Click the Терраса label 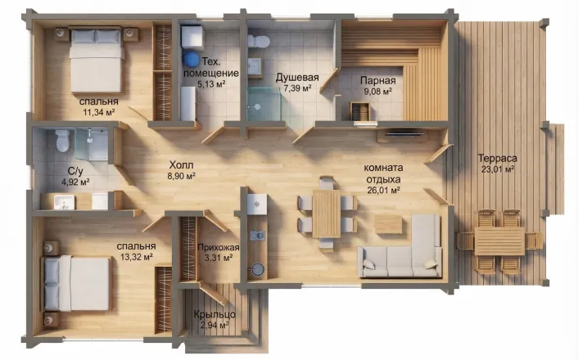(x=497, y=159)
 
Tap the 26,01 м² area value (x=384, y=190)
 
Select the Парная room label (x=378, y=80)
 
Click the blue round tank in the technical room (x=191, y=58)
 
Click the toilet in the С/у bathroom (x=63, y=141)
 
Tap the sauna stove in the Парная (x=359, y=110)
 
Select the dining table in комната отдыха (x=326, y=214)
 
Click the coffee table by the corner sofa (x=389, y=224)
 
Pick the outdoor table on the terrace (x=499, y=241)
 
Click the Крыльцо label (x=214, y=315)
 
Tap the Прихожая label (x=219, y=248)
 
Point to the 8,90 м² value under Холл (x=182, y=176)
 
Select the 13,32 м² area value (x=137, y=257)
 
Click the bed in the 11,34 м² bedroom (x=96, y=61)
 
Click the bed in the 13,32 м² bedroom (x=78, y=283)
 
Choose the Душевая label (x=297, y=78)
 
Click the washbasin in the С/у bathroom (x=65, y=202)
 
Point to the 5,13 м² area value (x=211, y=84)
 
